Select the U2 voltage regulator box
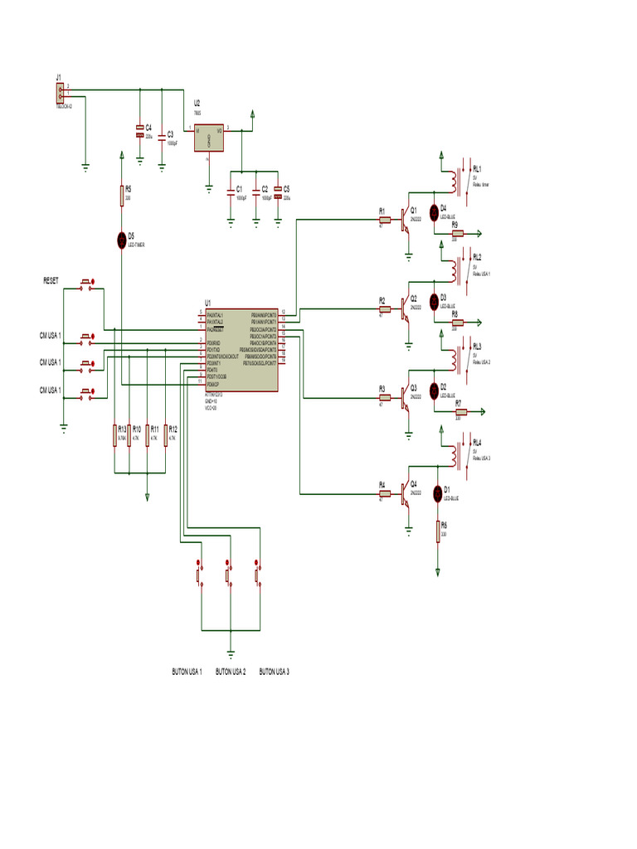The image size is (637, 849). [x=208, y=138]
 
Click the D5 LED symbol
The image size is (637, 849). [x=122, y=240]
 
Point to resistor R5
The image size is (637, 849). [x=122, y=196]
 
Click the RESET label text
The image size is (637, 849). [x=51, y=281]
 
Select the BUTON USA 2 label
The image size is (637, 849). [x=231, y=672]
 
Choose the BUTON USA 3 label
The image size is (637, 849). [x=275, y=672]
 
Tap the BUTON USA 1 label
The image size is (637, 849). [x=187, y=672]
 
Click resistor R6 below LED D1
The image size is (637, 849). [x=438, y=531]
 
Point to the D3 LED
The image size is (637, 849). [x=433, y=299]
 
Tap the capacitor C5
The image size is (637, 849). [x=278, y=198]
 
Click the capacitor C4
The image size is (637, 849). [x=140, y=130]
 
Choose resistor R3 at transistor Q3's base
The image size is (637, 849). [x=384, y=397]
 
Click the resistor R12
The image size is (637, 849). [x=166, y=435]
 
